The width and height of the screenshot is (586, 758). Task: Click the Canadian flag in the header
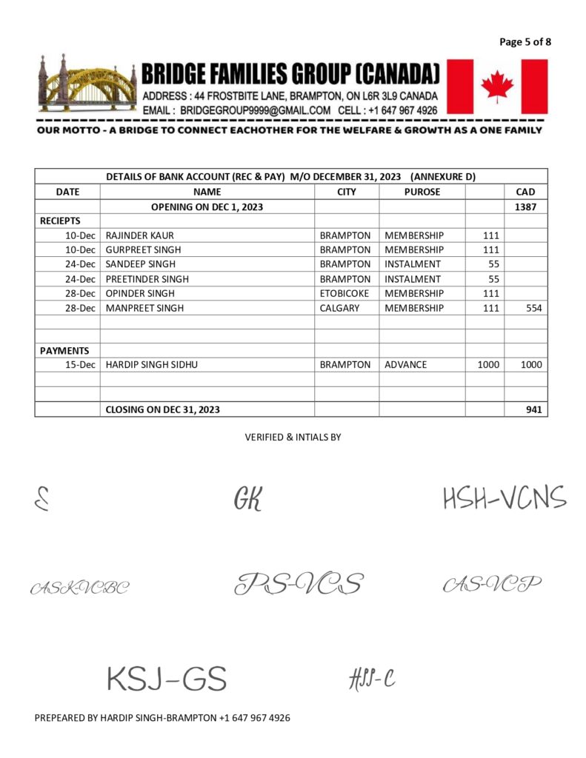click(497, 87)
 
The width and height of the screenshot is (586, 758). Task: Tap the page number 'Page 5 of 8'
click(525, 41)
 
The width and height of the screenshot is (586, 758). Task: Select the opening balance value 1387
click(525, 207)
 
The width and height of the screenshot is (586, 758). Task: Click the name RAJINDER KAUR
click(140, 235)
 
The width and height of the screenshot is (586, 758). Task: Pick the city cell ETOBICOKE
click(344, 293)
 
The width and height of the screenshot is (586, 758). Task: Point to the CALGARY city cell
click(340, 308)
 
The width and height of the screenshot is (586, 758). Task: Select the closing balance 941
click(533, 409)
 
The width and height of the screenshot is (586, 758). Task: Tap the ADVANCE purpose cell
click(405, 365)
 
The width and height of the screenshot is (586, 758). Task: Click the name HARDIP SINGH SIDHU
click(153, 365)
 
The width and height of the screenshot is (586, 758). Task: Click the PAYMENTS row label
click(64, 351)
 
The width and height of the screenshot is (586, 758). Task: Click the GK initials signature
click(248, 500)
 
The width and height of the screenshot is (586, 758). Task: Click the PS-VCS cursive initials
click(299, 584)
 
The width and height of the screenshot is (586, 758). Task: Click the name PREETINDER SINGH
click(147, 279)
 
